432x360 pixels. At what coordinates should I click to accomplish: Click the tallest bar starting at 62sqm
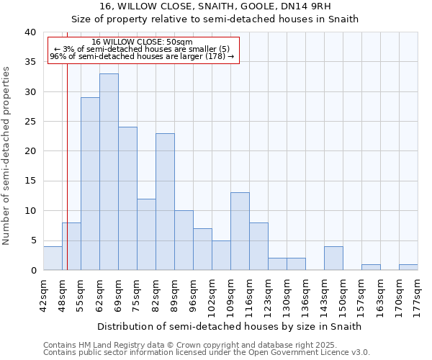(x=109, y=172)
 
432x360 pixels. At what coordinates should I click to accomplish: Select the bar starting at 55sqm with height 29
(x=90, y=184)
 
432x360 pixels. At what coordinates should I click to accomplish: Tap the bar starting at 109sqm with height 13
(x=240, y=231)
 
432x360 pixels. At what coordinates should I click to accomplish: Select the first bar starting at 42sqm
(x=53, y=258)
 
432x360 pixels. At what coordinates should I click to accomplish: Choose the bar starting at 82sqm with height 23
(x=165, y=202)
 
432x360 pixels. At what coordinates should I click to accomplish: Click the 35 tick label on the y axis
(x=30, y=62)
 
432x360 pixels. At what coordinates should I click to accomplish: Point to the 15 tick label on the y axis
(x=30, y=181)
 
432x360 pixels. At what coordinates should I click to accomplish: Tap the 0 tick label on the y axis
(x=32, y=271)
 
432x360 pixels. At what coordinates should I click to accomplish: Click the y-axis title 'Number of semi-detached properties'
(x=6, y=156)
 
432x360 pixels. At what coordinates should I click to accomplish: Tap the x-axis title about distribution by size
(x=230, y=326)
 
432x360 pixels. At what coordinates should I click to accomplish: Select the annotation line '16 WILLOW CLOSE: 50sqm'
(x=142, y=42)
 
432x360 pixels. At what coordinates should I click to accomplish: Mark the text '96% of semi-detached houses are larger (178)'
(x=142, y=56)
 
